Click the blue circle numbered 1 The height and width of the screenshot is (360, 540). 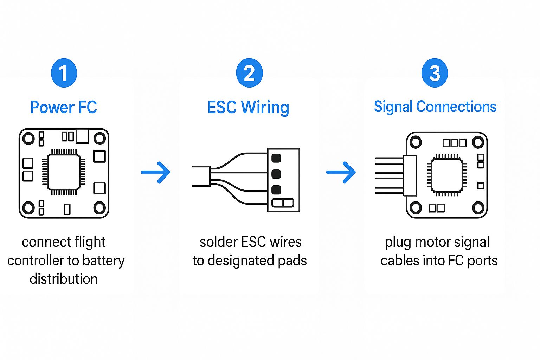tap(64, 73)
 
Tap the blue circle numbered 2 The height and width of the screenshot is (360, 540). tap(249, 73)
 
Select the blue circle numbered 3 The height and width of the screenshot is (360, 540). tap(435, 73)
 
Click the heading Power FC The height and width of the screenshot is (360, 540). tap(64, 107)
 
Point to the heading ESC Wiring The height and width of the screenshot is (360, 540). tap(248, 107)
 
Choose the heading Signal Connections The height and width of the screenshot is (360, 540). tap(435, 107)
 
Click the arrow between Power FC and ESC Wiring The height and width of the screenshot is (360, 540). tap(156, 172)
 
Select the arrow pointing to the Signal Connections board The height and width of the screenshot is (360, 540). tap(341, 172)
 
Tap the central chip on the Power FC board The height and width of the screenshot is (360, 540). tap(64, 172)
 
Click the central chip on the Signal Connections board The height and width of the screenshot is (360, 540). tap(447, 175)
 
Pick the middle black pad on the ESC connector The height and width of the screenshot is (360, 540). tap(276, 174)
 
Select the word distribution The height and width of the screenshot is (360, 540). tap(64, 279)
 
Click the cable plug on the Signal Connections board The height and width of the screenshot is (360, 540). tap(410, 175)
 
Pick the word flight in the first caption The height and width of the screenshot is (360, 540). tap(90, 242)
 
